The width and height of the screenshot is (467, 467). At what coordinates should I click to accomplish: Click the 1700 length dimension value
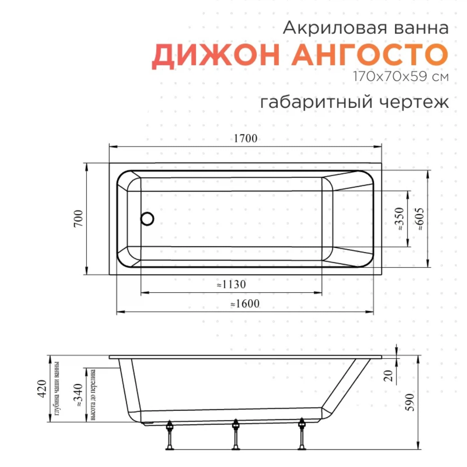[245, 139]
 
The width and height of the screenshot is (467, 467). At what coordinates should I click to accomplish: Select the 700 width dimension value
[78, 218]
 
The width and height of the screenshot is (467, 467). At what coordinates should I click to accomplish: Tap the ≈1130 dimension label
[231, 284]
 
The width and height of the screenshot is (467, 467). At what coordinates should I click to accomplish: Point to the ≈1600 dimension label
[245, 304]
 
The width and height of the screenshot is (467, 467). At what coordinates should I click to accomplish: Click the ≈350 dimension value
[399, 219]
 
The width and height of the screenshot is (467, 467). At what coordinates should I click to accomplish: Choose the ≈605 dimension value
[419, 219]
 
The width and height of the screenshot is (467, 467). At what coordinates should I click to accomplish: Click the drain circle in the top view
[147, 219]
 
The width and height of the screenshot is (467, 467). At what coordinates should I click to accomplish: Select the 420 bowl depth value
[42, 389]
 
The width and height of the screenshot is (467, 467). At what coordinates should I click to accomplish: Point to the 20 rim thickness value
[389, 376]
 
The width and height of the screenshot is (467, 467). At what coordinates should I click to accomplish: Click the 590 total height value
[410, 402]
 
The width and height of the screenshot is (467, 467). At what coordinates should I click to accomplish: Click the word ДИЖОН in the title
[216, 55]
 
